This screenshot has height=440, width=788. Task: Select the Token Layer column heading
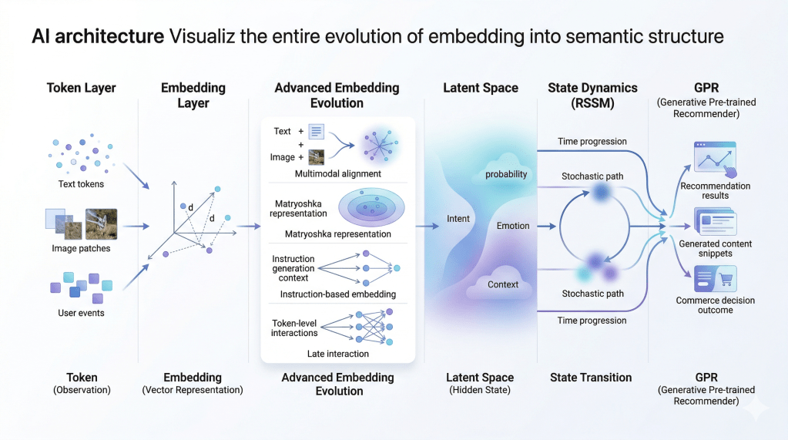(x=81, y=88)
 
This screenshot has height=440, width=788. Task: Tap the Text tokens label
(x=81, y=184)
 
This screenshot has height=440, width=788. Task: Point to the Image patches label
(x=81, y=248)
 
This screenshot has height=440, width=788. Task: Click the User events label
(x=81, y=313)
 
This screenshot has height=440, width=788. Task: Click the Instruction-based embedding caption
(x=337, y=294)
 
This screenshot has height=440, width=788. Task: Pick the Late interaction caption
(x=337, y=354)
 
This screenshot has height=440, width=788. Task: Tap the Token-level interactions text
(x=294, y=328)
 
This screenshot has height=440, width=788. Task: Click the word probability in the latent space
(x=506, y=174)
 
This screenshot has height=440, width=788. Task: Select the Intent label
(x=458, y=219)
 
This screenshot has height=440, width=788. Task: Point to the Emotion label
(x=513, y=226)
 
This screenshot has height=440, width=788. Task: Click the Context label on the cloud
(x=503, y=284)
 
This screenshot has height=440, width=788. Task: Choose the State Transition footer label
(x=591, y=378)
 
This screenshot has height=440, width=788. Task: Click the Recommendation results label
(x=715, y=190)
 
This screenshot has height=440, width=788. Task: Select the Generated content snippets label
(x=715, y=249)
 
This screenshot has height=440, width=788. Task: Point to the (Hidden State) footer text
(x=480, y=391)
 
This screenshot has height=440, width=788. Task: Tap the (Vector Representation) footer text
(x=193, y=391)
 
